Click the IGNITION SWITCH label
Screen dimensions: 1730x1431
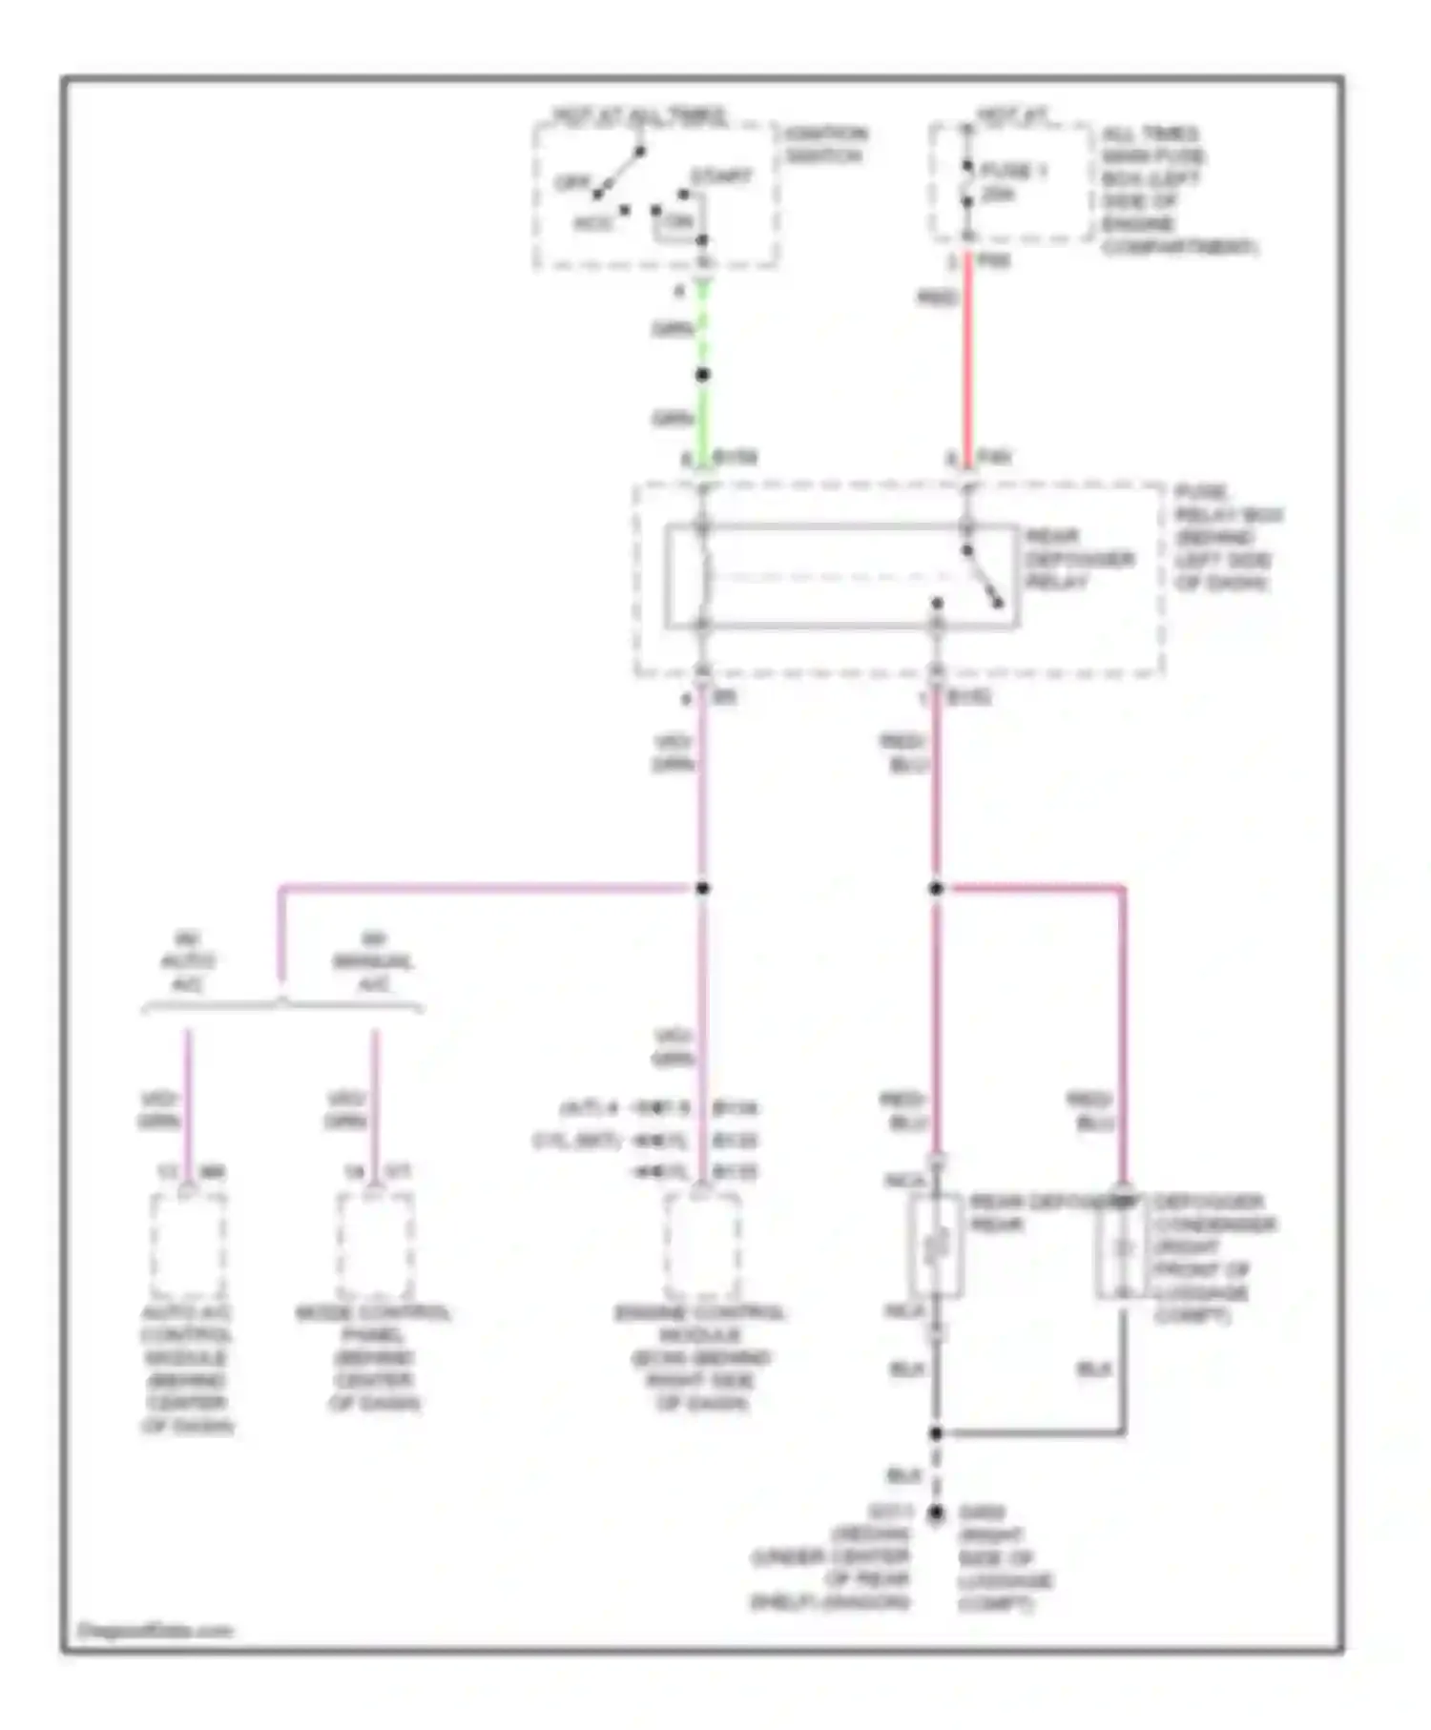click(x=826, y=144)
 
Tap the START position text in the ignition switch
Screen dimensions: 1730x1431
click(x=721, y=176)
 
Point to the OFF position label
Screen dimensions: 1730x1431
click(x=570, y=182)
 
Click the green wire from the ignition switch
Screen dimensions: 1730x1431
click(x=703, y=420)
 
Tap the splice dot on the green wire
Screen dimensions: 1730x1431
click(x=703, y=375)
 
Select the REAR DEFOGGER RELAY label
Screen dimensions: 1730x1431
click(x=1078, y=559)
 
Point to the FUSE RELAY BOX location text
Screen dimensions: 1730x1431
click(x=1227, y=538)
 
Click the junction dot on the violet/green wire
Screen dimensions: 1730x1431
click(x=703, y=889)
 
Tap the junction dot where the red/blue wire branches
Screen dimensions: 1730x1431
click(x=936, y=889)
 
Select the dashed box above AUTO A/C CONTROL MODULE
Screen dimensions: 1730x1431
click(x=188, y=1245)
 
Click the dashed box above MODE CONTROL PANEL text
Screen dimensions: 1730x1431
click(x=375, y=1245)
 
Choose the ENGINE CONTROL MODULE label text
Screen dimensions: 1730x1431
click(x=701, y=1358)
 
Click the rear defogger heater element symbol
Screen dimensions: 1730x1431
click(x=936, y=1245)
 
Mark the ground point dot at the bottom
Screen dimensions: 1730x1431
click(x=936, y=1513)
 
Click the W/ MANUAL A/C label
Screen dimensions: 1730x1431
click(x=373, y=961)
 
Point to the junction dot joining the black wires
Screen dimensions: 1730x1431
click(x=936, y=1433)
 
